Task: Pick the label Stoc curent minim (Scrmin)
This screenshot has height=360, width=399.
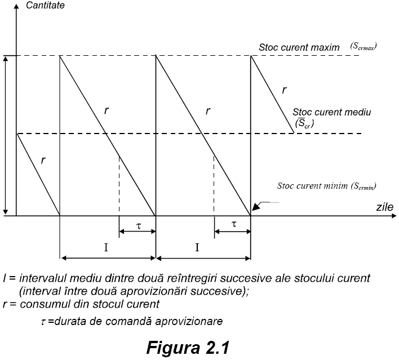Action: click(327, 186)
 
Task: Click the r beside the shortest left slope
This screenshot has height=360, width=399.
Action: click(43, 160)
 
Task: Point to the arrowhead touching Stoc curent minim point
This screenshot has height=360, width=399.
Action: click(254, 208)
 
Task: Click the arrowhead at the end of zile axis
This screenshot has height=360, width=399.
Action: click(394, 216)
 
